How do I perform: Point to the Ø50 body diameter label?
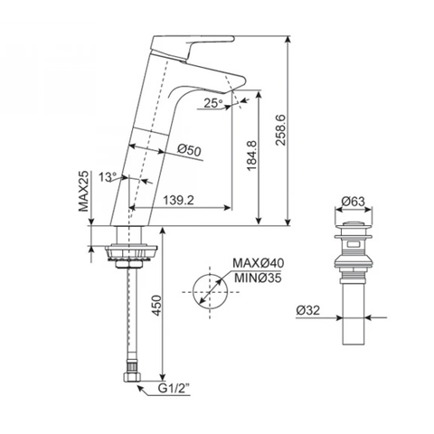click(189, 149)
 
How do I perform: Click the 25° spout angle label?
click(212, 103)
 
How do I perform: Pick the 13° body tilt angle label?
click(109, 178)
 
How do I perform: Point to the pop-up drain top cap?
click(354, 224)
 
